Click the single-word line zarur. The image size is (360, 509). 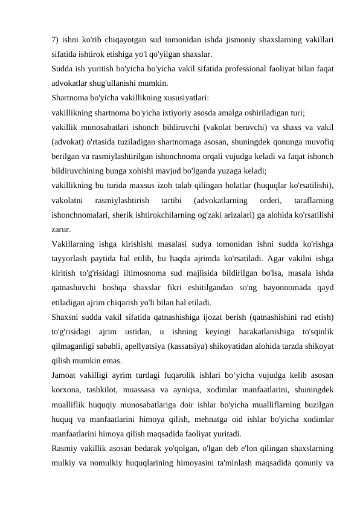coord(61,230)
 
